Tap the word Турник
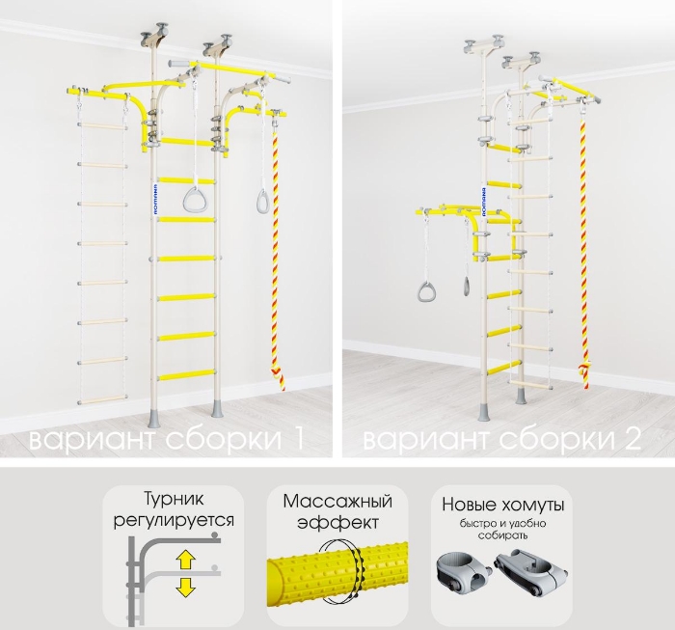click(173, 500)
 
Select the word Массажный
click(337, 502)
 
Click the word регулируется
click(174, 521)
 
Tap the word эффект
click(337, 522)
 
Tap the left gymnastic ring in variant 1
click(193, 201)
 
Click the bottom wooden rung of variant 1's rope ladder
click(102, 400)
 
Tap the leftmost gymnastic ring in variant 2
click(425, 290)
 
